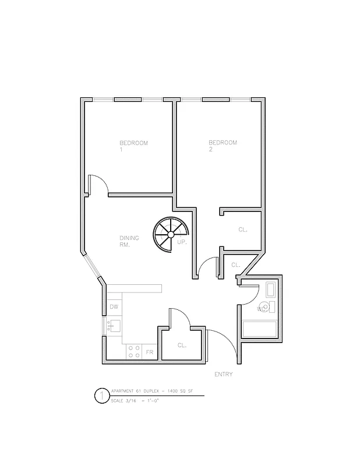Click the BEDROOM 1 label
[x=133, y=146]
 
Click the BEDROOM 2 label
[x=223, y=146]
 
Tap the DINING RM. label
[x=129, y=241]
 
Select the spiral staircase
[x=168, y=234]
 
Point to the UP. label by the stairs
[x=182, y=242]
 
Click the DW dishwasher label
[x=114, y=307]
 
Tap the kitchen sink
[x=114, y=326]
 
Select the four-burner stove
[x=133, y=351]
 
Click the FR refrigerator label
[x=149, y=352]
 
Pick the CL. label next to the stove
[x=182, y=345]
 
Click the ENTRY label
[x=223, y=375]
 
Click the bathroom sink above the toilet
[x=271, y=290]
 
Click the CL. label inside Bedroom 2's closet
[x=242, y=230]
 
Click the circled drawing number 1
[x=101, y=397]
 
